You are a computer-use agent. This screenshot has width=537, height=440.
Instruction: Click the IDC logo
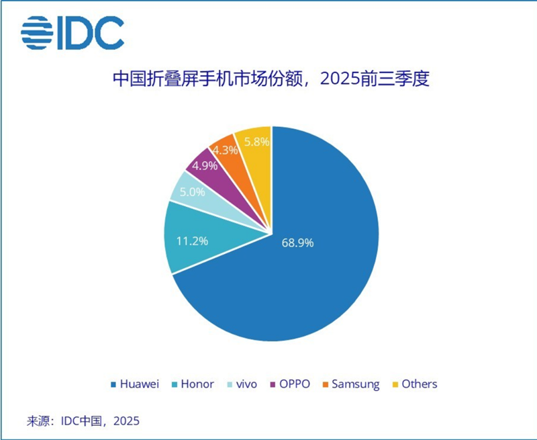click(72, 32)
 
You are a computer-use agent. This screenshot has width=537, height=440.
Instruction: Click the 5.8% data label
click(256, 142)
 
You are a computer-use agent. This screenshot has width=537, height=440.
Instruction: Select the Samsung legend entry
click(350, 384)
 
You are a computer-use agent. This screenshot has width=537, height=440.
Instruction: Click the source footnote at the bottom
click(83, 421)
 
